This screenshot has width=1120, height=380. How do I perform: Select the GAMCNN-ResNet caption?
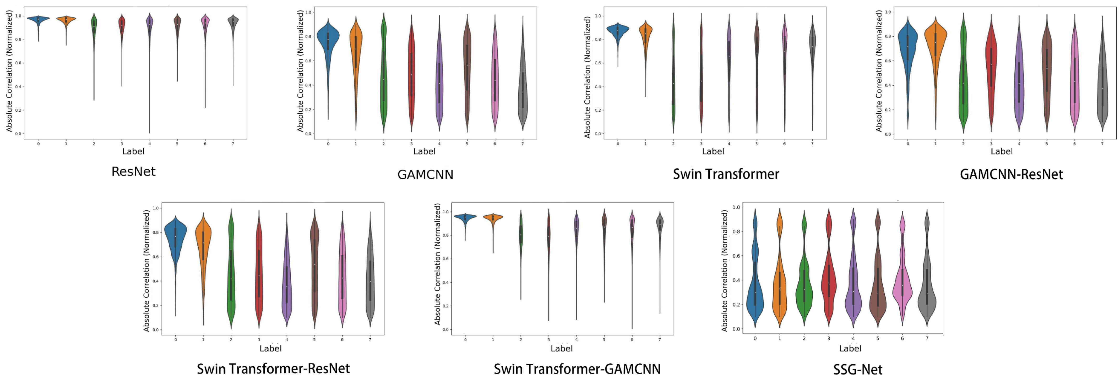tap(1011, 174)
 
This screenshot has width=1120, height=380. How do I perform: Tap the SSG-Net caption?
tap(857, 370)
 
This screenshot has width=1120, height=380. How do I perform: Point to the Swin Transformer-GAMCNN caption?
tap(577, 369)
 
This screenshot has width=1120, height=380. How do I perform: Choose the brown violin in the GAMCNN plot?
tap(467, 65)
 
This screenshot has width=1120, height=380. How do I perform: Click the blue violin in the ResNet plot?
tap(38, 19)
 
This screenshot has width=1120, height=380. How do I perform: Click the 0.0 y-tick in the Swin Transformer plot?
tap(597, 134)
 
